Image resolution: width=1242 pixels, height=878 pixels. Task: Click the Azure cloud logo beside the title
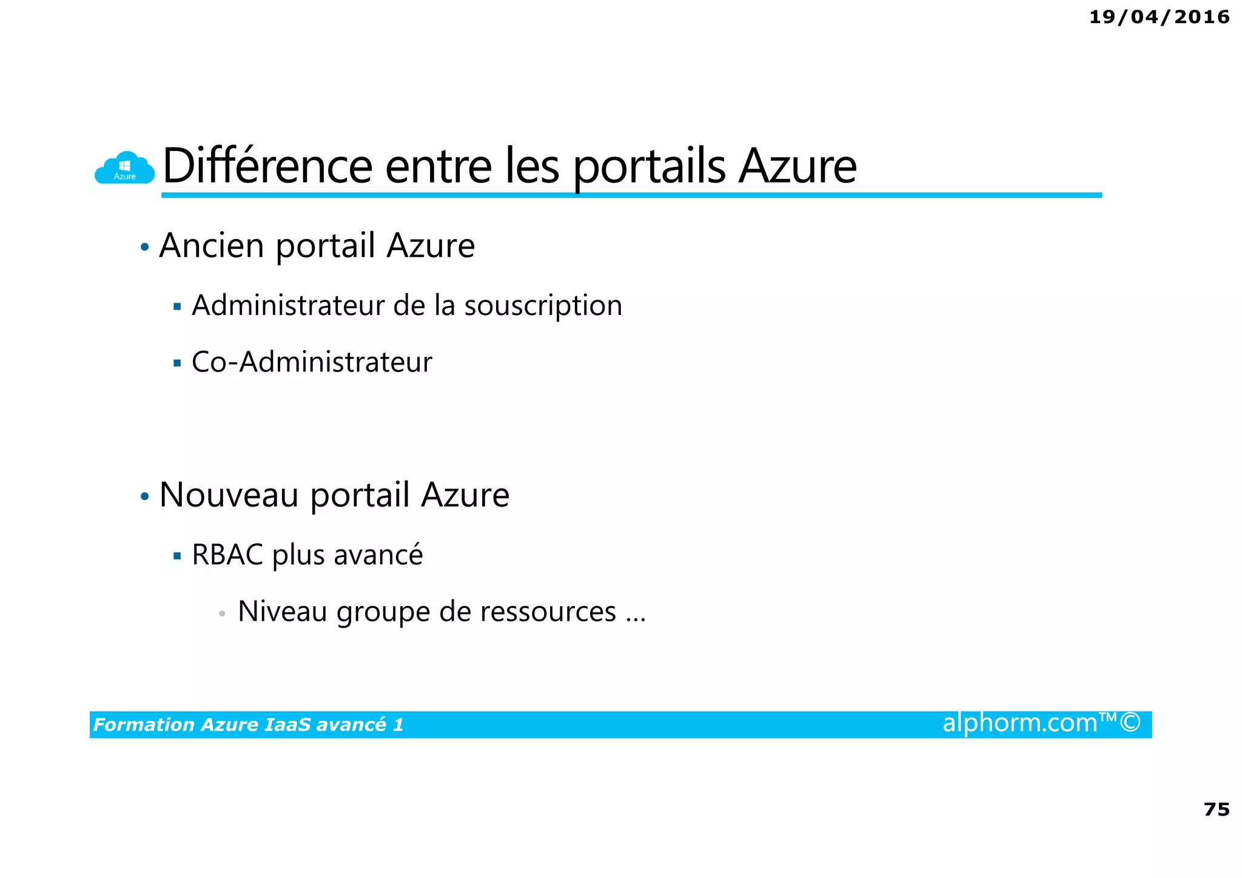pos(124,167)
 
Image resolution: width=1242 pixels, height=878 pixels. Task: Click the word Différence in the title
pos(267,166)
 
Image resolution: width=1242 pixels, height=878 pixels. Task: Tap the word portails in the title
pos(649,167)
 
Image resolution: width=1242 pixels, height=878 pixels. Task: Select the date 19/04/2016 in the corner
pos(1159,17)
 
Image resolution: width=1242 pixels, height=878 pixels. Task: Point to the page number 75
pos(1216,809)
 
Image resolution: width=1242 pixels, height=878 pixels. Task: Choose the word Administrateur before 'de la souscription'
pos(287,305)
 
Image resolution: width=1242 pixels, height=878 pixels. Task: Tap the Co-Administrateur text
pos(312,362)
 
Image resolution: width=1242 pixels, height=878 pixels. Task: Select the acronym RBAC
pos(227,555)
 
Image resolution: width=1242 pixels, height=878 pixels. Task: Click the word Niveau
pos(282,611)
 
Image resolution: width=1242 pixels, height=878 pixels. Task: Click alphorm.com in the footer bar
pos(1019,723)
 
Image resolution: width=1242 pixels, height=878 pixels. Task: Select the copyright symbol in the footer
pos(1130,723)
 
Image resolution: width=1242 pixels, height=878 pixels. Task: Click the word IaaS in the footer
pos(287,724)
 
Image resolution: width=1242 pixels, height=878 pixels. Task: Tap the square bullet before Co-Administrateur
pos(177,363)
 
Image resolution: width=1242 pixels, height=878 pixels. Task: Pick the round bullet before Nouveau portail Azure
pos(144,496)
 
